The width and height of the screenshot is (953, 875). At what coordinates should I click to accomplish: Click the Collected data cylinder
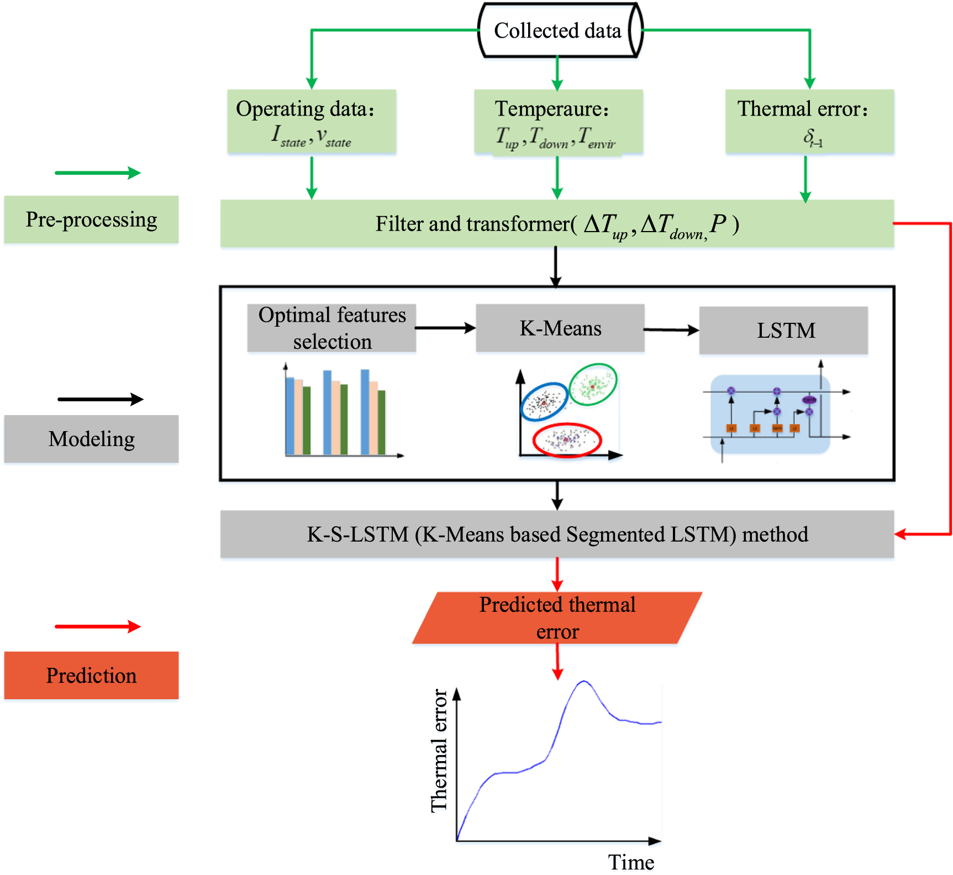pyautogui.click(x=558, y=31)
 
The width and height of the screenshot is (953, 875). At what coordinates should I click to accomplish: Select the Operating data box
pyautogui.click(x=312, y=122)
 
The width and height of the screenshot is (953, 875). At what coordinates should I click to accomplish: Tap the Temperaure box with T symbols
pyautogui.click(x=558, y=122)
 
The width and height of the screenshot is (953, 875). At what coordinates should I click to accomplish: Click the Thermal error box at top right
pyautogui.click(x=809, y=122)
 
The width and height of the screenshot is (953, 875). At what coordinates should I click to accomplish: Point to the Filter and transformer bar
pyautogui.click(x=557, y=224)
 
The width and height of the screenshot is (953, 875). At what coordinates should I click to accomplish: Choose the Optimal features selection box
pyautogui.click(x=331, y=328)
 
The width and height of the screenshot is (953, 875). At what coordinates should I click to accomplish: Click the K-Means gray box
pyautogui.click(x=560, y=328)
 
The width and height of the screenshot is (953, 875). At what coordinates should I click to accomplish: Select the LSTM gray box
pyautogui.click(x=783, y=331)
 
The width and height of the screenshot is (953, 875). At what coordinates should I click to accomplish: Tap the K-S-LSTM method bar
pyautogui.click(x=557, y=535)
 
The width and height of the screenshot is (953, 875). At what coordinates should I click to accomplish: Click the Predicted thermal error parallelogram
pyautogui.click(x=557, y=618)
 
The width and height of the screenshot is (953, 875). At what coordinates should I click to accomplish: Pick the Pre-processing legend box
pyautogui.click(x=92, y=220)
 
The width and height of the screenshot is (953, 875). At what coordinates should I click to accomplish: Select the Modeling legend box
pyautogui.click(x=92, y=439)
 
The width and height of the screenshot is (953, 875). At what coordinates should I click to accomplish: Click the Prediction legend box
pyautogui.click(x=92, y=675)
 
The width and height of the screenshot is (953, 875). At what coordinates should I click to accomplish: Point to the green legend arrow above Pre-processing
pyautogui.click(x=98, y=173)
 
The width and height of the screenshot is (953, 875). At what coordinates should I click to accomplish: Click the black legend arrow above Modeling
pyautogui.click(x=100, y=399)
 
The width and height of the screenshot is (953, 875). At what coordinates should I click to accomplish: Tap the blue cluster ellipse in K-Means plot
pyautogui.click(x=544, y=402)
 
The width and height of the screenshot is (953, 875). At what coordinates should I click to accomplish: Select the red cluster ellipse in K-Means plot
pyautogui.click(x=567, y=440)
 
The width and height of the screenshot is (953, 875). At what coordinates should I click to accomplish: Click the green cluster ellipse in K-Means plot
pyautogui.click(x=593, y=384)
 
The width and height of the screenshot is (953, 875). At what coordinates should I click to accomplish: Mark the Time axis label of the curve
pyautogui.click(x=631, y=862)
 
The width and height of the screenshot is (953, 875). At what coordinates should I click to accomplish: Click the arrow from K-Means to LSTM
pyautogui.click(x=671, y=330)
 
